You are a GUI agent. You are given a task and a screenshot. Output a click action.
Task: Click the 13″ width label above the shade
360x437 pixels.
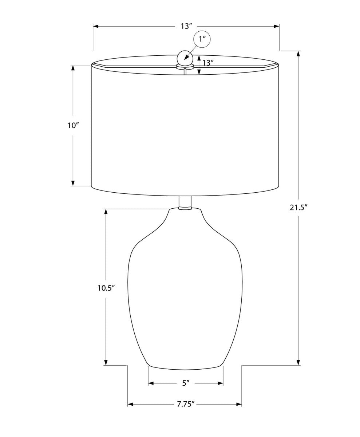pyautogui.click(x=186, y=26)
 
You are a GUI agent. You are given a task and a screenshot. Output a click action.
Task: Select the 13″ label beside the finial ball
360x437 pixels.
pyautogui.click(x=208, y=62)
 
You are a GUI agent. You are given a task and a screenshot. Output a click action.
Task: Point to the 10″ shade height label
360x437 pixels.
pyautogui.click(x=73, y=125)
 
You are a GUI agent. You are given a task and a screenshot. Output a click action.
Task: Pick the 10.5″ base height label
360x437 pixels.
pyautogui.click(x=106, y=288)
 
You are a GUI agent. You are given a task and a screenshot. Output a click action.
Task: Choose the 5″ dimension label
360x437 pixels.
pyautogui.click(x=186, y=389)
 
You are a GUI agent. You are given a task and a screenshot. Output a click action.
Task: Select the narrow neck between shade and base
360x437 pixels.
pyautogui.click(x=185, y=202)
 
